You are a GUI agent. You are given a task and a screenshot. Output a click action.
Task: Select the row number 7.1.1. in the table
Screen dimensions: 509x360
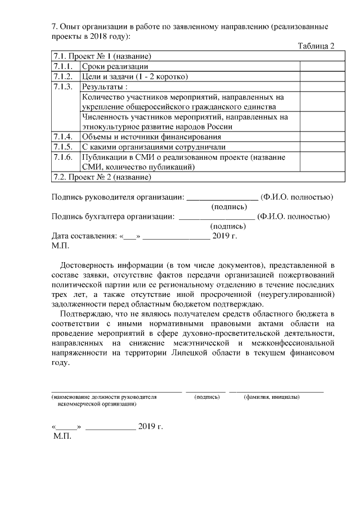pos(62,66)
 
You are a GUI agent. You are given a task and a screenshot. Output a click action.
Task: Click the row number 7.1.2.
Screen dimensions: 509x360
pos(62,76)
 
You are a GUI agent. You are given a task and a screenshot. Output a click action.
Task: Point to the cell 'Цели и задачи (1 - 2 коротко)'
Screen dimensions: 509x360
pos(134,76)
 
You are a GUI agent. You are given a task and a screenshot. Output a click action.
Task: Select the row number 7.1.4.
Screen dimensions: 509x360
pos(62,137)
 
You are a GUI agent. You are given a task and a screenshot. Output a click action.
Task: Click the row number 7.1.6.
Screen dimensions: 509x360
pos(62,157)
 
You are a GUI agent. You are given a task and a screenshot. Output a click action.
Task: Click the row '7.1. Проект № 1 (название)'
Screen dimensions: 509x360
pos(102,56)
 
